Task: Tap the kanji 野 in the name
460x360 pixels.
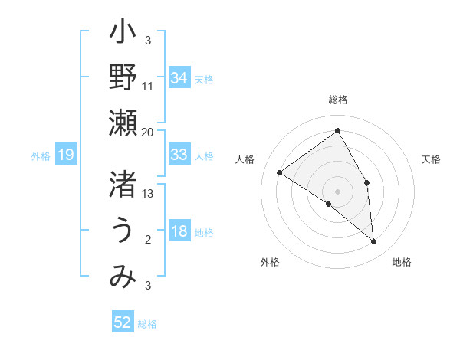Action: click(123, 77)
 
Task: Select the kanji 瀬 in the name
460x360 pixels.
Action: click(123, 123)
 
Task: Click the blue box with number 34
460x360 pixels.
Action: click(179, 77)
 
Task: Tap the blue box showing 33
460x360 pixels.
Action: click(179, 155)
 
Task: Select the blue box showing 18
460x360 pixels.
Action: click(179, 231)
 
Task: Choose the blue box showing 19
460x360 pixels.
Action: click(65, 155)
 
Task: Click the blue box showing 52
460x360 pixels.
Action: click(123, 322)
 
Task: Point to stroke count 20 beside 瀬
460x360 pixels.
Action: click(148, 132)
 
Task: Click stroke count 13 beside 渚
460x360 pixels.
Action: click(148, 195)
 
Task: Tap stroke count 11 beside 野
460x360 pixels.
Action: click(148, 86)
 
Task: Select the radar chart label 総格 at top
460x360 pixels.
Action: click(337, 100)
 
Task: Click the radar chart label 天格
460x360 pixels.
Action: click(431, 159)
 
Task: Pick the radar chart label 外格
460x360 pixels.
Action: click(270, 262)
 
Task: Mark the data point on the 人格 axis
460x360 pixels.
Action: click(280, 172)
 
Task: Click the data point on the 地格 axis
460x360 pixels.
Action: click(373, 241)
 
